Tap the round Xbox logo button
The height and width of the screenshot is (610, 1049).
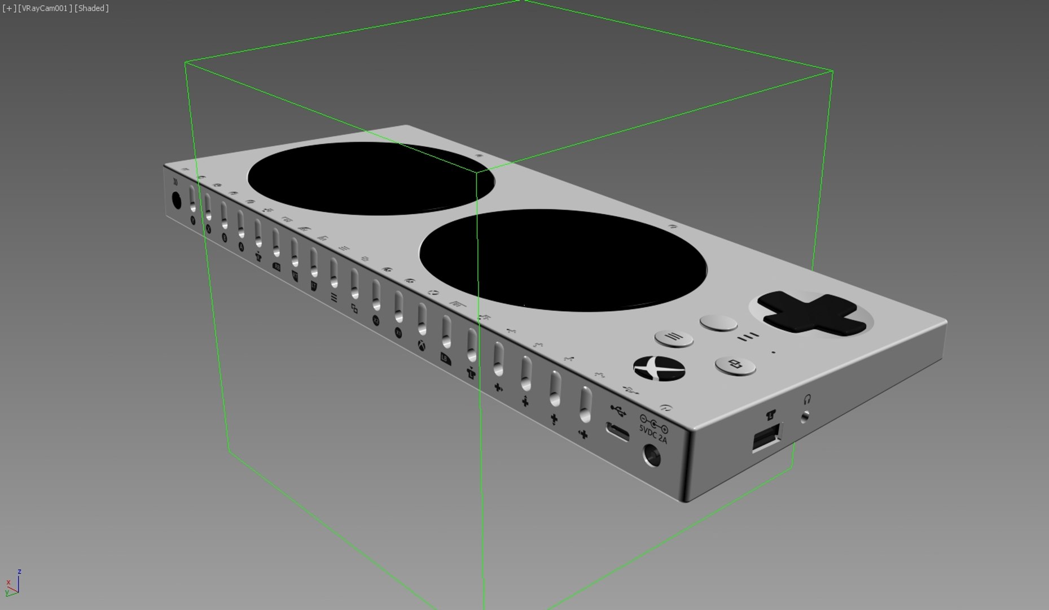659,368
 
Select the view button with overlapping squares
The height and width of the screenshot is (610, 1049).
735,365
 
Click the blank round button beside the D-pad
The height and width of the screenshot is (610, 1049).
718,323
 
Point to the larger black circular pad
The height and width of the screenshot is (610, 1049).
563,260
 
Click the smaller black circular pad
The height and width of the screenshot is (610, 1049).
371,178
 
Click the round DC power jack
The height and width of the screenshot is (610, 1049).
652,455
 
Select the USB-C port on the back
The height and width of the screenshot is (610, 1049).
617,432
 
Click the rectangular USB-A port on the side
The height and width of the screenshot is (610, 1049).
767,437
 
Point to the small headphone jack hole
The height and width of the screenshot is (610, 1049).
805,417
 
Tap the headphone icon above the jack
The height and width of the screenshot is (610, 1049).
807,399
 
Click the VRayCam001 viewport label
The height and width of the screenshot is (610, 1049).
45,8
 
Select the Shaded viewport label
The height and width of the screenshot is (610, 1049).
91,8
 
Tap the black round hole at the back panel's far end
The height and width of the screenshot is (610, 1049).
176,201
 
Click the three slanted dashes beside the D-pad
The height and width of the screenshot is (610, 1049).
748,337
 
